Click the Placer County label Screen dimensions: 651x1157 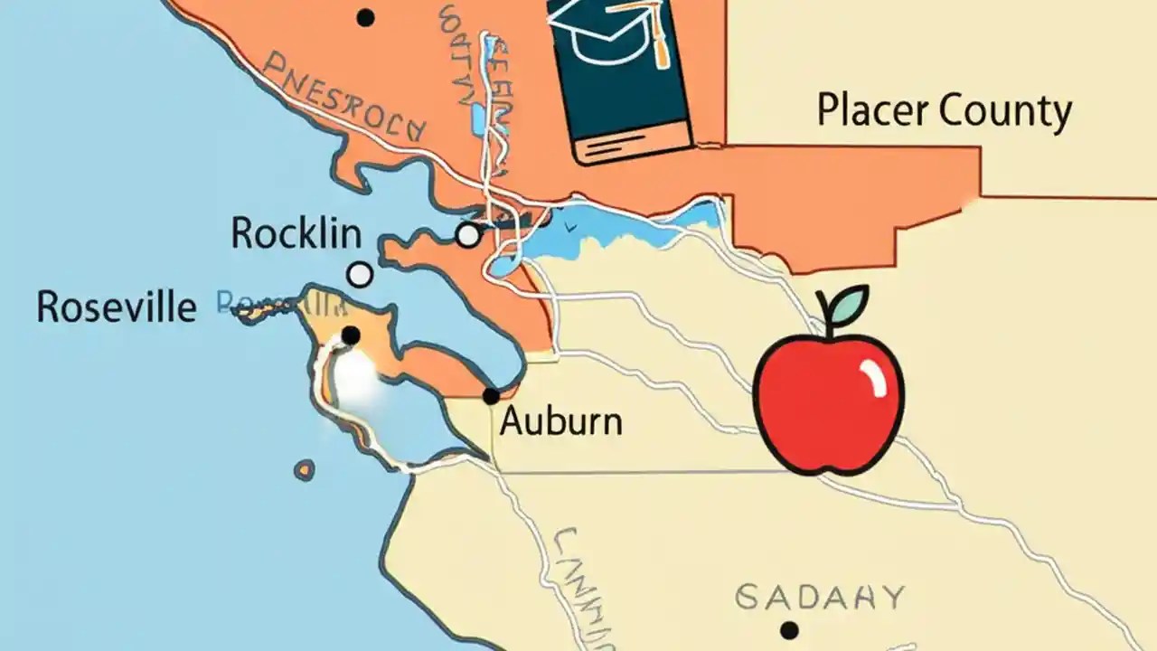click(x=944, y=111)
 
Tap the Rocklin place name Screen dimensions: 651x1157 click(x=296, y=234)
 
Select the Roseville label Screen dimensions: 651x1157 click(x=116, y=307)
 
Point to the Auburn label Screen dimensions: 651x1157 click(x=560, y=421)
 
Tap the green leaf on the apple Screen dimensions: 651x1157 click(x=847, y=304)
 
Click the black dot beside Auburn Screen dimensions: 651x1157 click(x=491, y=396)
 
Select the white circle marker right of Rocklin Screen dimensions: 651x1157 click(x=467, y=235)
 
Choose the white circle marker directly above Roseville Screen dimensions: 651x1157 click(x=360, y=274)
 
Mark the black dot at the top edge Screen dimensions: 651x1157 click(x=365, y=17)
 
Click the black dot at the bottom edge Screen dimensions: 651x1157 click(x=790, y=629)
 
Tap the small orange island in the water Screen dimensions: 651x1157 click(x=305, y=470)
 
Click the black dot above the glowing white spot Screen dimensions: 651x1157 click(x=351, y=336)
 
